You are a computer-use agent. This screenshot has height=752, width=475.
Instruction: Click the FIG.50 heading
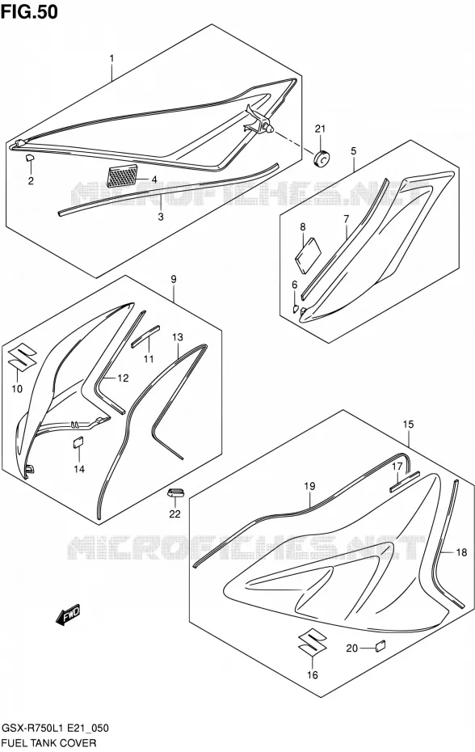[29, 11]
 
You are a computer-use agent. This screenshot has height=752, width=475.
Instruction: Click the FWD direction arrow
[69, 615]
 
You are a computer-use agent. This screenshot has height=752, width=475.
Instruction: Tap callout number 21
[320, 129]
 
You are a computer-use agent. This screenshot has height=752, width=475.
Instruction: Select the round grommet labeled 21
[322, 157]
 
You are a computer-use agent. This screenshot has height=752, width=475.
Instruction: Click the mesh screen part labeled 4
[122, 175]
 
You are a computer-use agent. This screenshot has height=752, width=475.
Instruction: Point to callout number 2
[31, 181]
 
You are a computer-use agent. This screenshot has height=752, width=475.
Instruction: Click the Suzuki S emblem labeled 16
[312, 642]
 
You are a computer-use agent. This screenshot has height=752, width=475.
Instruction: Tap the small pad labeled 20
[380, 645]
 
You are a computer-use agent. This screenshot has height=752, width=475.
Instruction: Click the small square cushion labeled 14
[78, 442]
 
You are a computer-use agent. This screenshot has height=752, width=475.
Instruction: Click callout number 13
[178, 337]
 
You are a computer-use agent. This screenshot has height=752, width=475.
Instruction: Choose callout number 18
[461, 553]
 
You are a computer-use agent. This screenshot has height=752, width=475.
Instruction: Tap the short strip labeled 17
[405, 481]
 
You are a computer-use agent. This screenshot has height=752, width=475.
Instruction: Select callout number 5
[353, 151]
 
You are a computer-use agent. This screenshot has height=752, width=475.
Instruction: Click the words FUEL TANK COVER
[49, 743]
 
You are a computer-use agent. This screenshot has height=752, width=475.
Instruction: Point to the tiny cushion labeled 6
[296, 307]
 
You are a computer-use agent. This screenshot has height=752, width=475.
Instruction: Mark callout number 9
[173, 279]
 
